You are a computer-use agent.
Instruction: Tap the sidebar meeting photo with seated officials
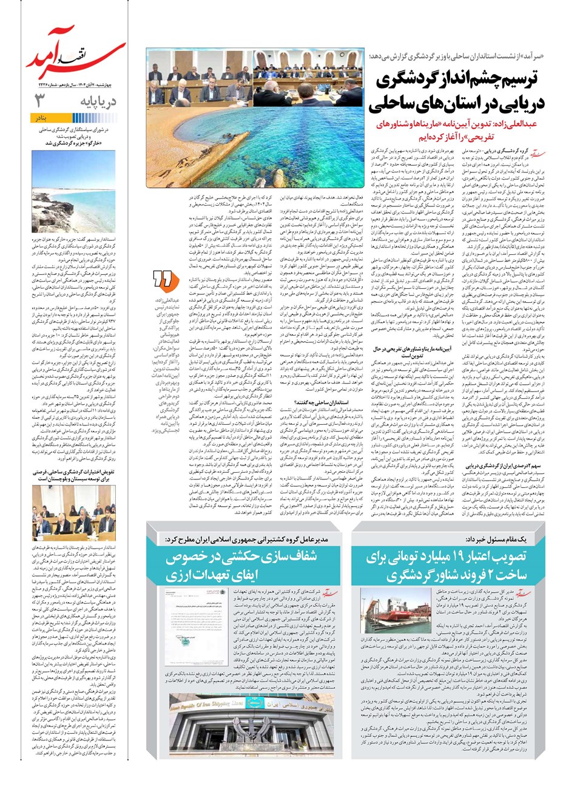(x=73, y=520)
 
